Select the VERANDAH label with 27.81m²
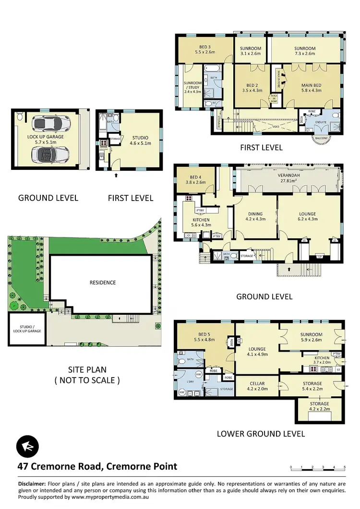coord(291,178)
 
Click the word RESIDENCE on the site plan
coord(103,283)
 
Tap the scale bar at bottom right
coord(318,468)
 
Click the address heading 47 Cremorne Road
coord(97,466)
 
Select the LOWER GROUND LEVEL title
coord(261,434)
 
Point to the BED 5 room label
coord(204,337)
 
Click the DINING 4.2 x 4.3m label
coord(255,217)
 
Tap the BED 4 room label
coord(195,179)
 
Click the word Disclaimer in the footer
coord(32,484)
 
